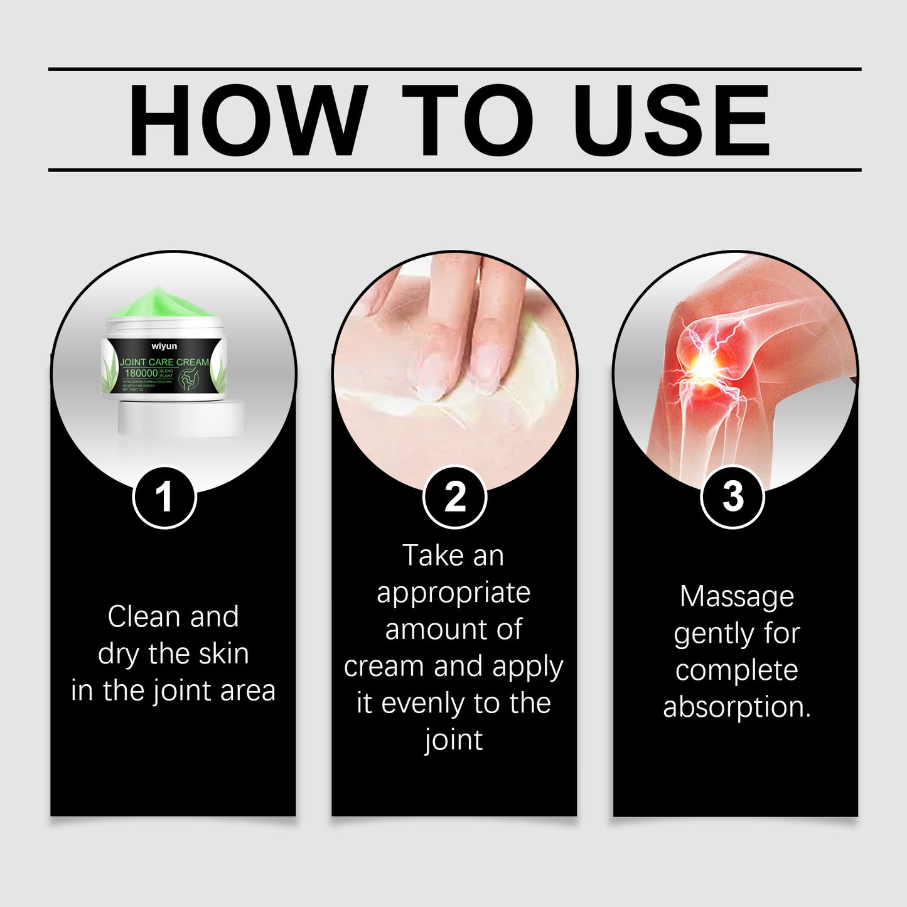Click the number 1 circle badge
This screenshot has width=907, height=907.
(x=164, y=497)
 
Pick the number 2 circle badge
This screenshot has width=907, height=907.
(x=454, y=497)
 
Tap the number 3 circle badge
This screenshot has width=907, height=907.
(x=732, y=497)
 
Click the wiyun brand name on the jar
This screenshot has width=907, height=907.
(x=164, y=346)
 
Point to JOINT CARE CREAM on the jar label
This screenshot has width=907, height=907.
(x=164, y=362)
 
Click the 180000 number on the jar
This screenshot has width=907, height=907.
(x=141, y=373)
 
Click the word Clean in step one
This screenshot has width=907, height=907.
(x=144, y=617)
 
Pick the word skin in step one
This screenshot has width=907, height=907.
(x=223, y=654)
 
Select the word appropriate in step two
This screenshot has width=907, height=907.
(x=453, y=593)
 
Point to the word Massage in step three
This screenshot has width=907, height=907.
(x=736, y=597)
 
